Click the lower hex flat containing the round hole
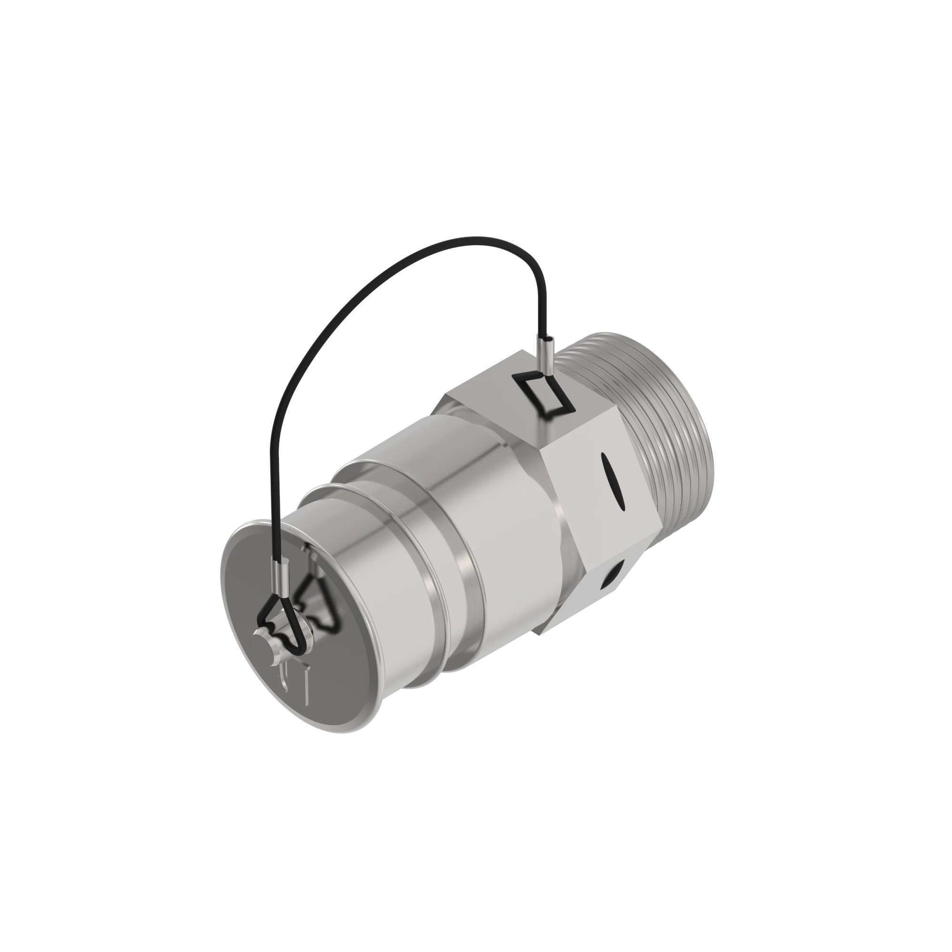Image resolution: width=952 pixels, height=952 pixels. coord(591,591)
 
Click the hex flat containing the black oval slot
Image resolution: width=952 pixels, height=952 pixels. coord(596,498)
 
